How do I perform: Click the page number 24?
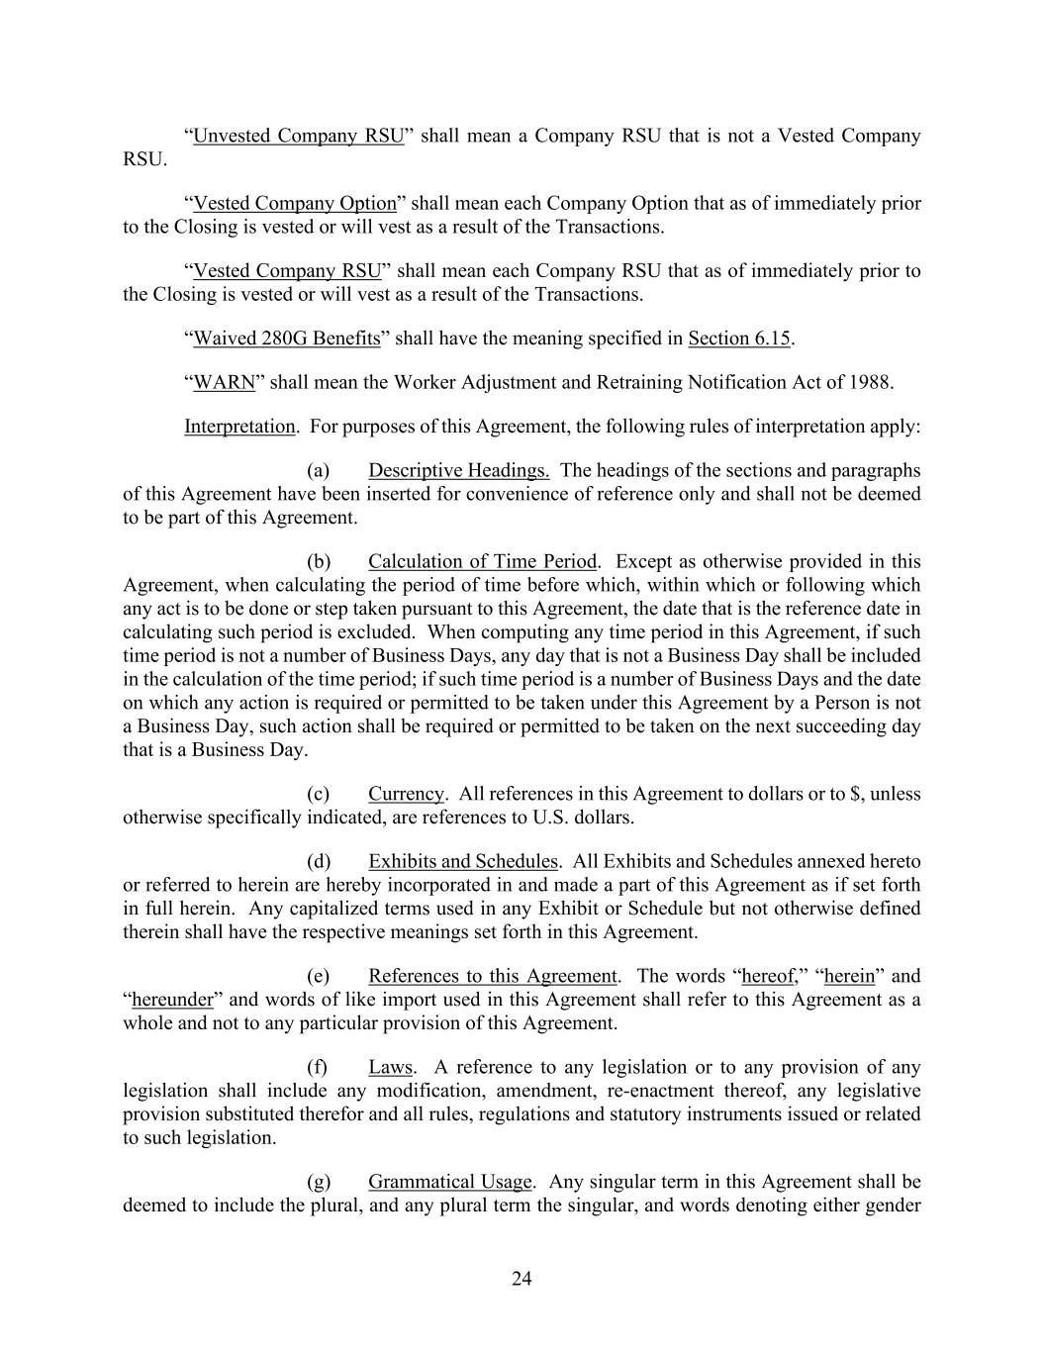[x=522, y=1279]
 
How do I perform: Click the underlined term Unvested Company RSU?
[x=298, y=136]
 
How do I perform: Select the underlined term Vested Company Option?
[x=294, y=203]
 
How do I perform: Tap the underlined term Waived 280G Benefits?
[x=286, y=338]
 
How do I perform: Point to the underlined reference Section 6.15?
[x=739, y=338]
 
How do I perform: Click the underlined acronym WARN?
[x=224, y=382]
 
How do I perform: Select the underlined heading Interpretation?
[x=239, y=427]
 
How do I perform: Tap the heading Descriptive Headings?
[x=458, y=470]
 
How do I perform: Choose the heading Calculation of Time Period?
[x=482, y=562]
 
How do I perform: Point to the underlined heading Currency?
[x=406, y=794]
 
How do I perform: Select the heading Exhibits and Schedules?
[x=462, y=861]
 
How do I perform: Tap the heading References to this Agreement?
[x=492, y=976]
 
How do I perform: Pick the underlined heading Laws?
[x=390, y=1067]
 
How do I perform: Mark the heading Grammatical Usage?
[x=449, y=1182]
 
